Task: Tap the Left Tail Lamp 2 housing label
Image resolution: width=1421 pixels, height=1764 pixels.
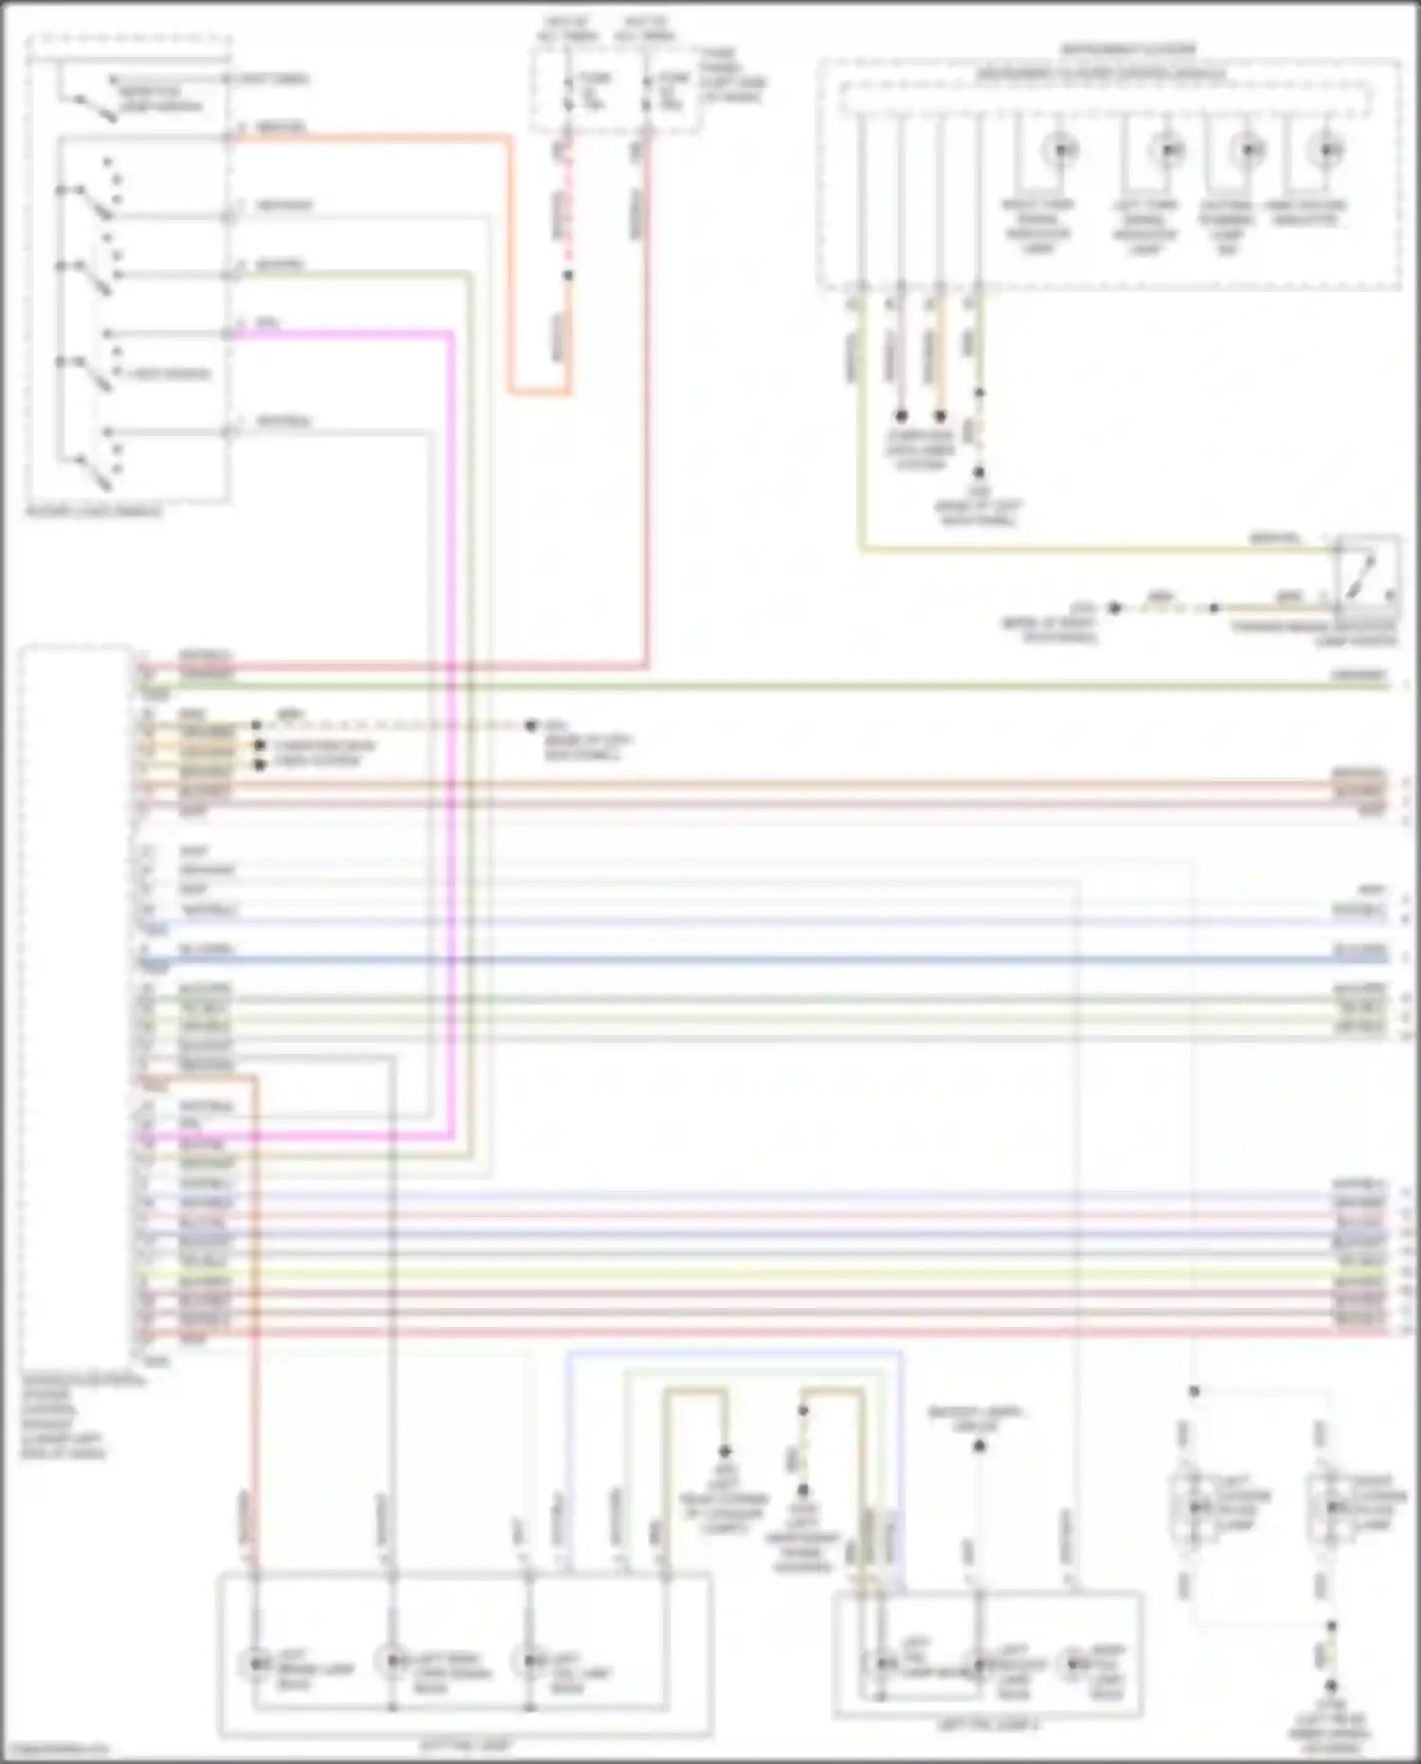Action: point(987,1725)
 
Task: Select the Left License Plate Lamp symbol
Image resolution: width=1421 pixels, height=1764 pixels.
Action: point(1196,1507)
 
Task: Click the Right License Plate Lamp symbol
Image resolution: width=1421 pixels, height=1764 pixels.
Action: point(1331,1507)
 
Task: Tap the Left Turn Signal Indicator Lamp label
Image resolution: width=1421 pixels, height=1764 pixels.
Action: point(1144,227)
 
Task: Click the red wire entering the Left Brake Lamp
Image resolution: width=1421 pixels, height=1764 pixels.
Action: point(254,1327)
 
